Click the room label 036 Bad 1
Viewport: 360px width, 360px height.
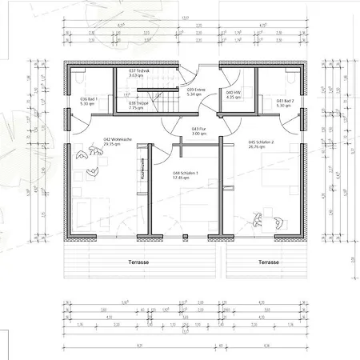(89, 99)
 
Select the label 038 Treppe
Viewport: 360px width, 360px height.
(138, 103)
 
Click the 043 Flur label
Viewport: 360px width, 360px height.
(199, 129)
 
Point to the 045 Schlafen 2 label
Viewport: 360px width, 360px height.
(262, 142)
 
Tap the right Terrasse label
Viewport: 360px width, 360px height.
(268, 262)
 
